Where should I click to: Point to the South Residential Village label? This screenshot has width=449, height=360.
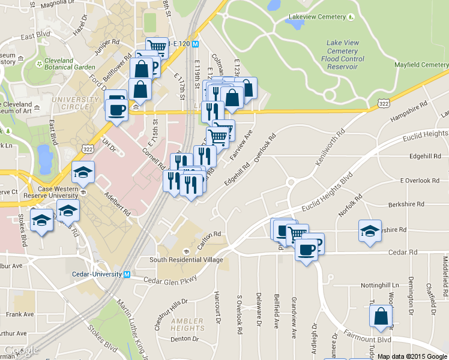click(186, 260)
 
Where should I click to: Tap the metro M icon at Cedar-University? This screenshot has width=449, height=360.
click(127, 274)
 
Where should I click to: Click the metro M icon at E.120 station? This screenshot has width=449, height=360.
click(203, 44)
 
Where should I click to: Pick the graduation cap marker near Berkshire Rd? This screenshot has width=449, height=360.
click(370, 231)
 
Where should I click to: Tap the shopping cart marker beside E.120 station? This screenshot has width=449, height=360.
click(157, 46)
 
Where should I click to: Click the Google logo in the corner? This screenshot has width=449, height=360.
click(22, 350)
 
